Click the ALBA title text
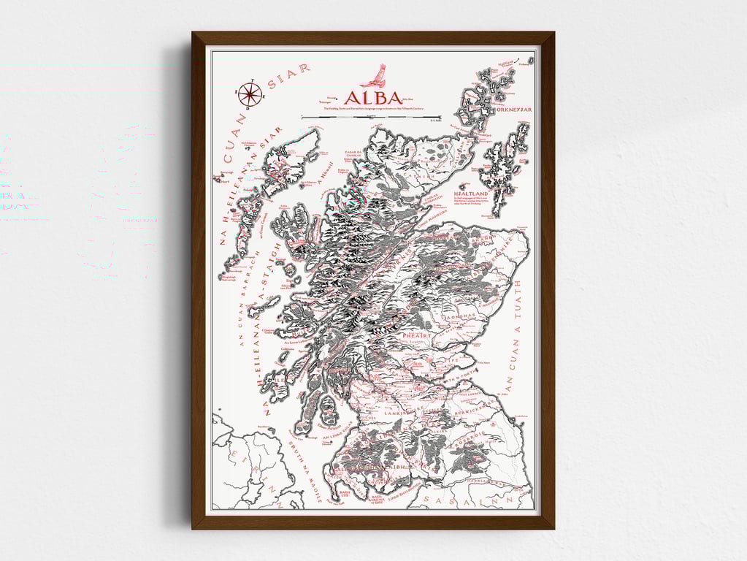(x=372, y=98)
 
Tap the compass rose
(x=249, y=93)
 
